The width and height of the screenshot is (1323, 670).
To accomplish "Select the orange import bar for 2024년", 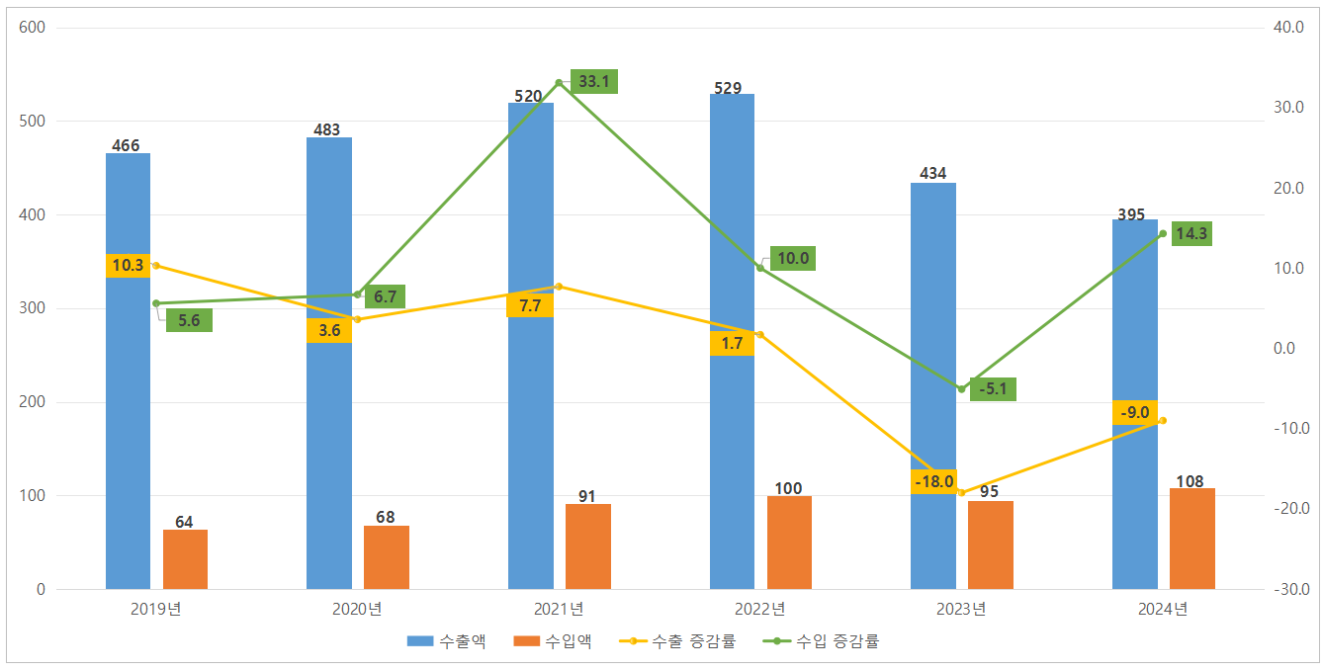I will click(x=1191, y=539).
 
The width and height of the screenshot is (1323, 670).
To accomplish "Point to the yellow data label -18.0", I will click(x=934, y=482).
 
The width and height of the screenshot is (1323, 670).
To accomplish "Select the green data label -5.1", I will click(x=993, y=389).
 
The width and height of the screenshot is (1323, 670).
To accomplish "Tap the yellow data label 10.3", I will click(x=128, y=266).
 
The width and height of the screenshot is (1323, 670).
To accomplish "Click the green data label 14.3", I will click(x=1191, y=234).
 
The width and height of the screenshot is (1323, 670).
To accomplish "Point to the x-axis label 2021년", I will click(x=559, y=609).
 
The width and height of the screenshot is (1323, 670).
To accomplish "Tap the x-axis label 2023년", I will click(x=961, y=609).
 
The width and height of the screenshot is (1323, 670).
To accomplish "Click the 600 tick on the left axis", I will click(x=32, y=28).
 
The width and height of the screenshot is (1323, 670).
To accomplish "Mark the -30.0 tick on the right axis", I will click(x=1290, y=590).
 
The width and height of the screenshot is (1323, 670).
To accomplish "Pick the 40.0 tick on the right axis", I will click(x=1290, y=28).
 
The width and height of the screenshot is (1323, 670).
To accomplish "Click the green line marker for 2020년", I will click(x=357, y=294).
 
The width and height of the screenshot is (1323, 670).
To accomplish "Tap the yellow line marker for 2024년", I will click(x=1163, y=421).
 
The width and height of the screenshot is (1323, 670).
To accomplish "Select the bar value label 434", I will click(x=932, y=173).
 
